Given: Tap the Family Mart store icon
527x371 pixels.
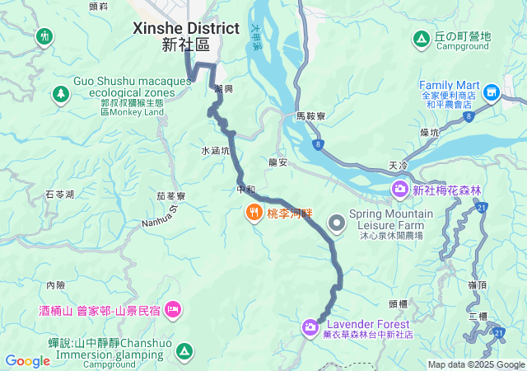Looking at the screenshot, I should pos(492,92).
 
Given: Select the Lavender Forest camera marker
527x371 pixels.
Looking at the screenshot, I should pos(310,328).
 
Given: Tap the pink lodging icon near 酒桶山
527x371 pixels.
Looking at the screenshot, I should pos(174,310).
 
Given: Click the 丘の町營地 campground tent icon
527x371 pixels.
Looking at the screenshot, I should pos(421,38).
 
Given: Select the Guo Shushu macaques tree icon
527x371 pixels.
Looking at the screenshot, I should pos(60,95).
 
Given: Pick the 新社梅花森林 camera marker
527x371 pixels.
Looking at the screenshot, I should pos(399,190).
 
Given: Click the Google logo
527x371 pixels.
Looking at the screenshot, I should pos(28,361).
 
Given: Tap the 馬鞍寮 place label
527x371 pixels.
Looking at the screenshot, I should pos(311,118).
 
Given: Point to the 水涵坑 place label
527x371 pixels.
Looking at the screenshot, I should pos(213,151).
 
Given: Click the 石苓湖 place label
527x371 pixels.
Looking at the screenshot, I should pos(59,195).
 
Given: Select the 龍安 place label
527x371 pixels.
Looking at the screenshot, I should pos(277,162).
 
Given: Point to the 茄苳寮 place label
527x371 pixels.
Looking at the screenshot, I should pos(170,196).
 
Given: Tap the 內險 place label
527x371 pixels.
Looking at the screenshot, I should pos(56,285).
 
